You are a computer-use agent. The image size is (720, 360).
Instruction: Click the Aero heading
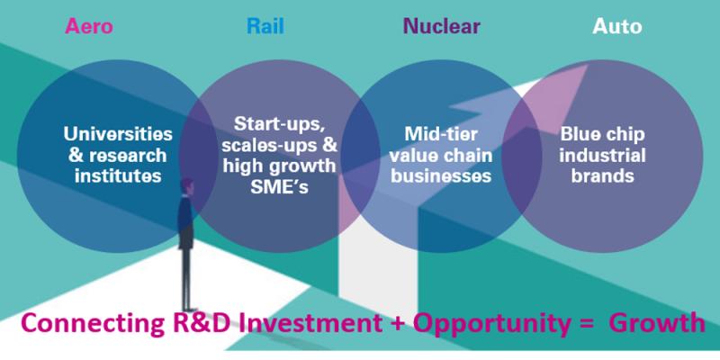tap(88, 26)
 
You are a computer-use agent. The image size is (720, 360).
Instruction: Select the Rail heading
tap(265, 26)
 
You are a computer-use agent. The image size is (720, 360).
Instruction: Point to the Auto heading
tap(616, 26)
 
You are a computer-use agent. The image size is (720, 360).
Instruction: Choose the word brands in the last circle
tap(606, 175)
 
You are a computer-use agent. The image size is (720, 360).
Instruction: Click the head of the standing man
tap(187, 187)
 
